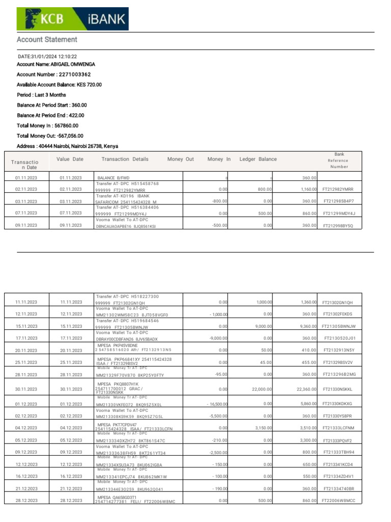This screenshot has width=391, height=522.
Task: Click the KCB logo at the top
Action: tap(46, 19)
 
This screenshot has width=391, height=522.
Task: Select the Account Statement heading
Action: tap(47, 40)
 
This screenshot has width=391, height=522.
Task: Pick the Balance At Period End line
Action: tap(50, 115)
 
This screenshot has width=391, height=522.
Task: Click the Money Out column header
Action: tap(181, 160)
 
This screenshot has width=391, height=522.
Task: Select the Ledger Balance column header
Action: tap(258, 160)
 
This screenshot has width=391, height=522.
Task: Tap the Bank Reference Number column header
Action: tap(339, 160)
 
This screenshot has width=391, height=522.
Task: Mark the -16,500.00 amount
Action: tap(216, 404)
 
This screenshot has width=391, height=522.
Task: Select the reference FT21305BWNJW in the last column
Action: tap(339, 326)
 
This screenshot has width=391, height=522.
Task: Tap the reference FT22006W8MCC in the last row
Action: tap(339, 501)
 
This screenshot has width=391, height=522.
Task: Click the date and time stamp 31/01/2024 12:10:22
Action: tap(47, 57)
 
